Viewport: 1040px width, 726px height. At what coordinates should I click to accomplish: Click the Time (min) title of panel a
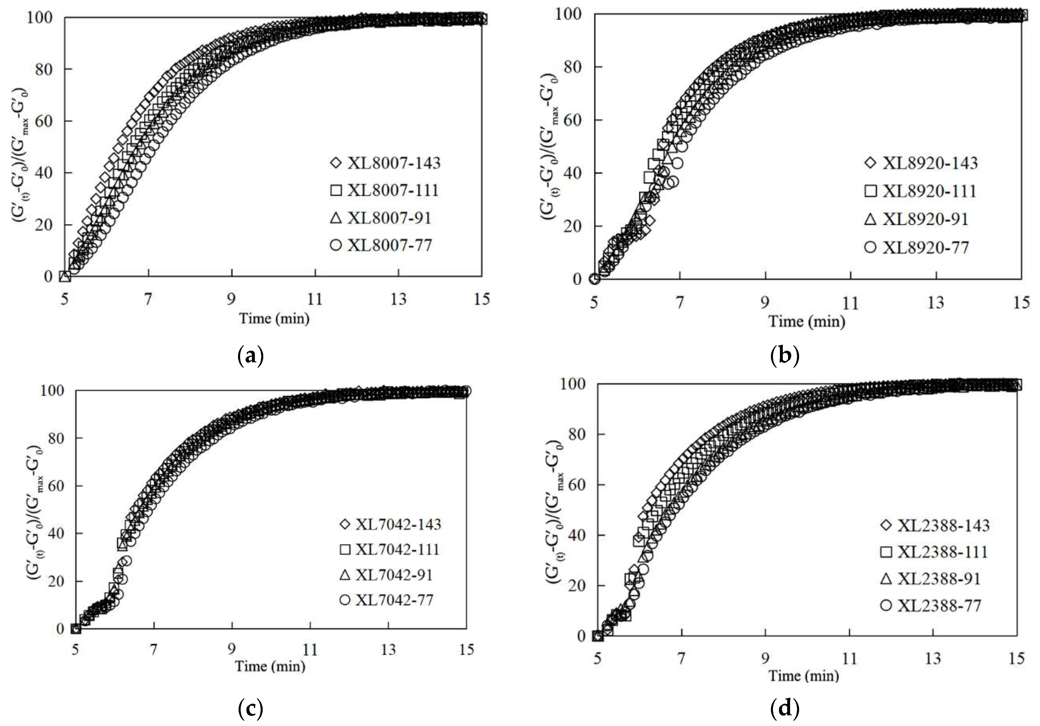(275, 319)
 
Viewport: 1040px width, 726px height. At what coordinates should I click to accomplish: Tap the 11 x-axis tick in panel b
(850, 303)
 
